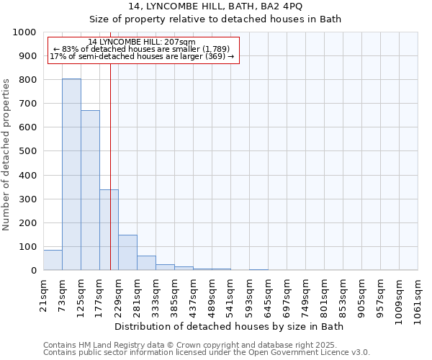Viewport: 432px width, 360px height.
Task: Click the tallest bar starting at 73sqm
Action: click(71, 174)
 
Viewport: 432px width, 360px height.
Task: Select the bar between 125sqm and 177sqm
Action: click(90, 190)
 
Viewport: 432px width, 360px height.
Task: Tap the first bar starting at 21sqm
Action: click(53, 260)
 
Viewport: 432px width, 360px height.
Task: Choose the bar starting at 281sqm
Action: click(146, 263)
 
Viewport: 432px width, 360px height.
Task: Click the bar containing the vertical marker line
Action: click(109, 230)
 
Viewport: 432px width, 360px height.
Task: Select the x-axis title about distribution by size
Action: click(230, 327)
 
